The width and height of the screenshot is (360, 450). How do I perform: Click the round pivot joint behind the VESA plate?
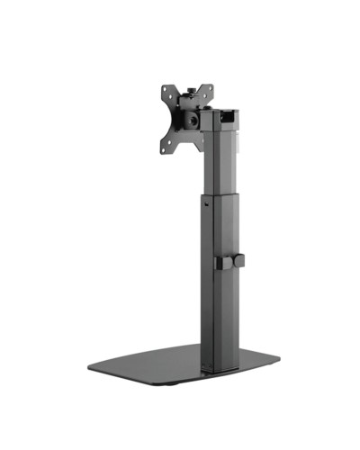(190, 118)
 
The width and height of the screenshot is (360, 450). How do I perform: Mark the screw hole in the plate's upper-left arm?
(166, 89)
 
